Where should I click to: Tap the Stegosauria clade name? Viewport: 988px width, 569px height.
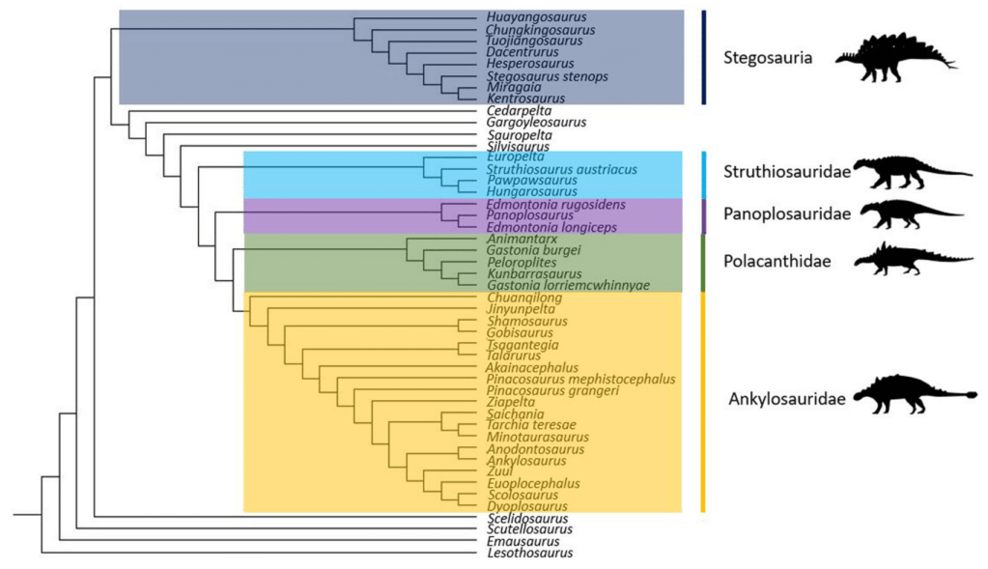click(x=768, y=58)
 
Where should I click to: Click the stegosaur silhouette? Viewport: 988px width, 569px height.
click(x=894, y=52)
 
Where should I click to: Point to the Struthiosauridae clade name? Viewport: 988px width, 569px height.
click(x=785, y=172)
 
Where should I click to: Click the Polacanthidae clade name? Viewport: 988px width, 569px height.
click(x=774, y=261)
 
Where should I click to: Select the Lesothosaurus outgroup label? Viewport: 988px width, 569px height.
click(x=530, y=554)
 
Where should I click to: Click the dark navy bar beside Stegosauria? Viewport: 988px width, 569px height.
click(x=704, y=57)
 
